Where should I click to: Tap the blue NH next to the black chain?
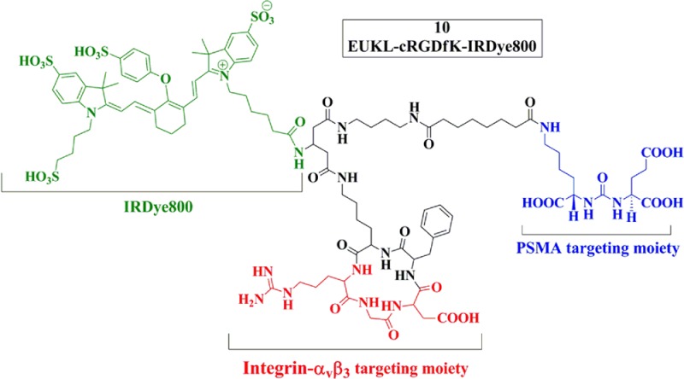pos(551,129)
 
